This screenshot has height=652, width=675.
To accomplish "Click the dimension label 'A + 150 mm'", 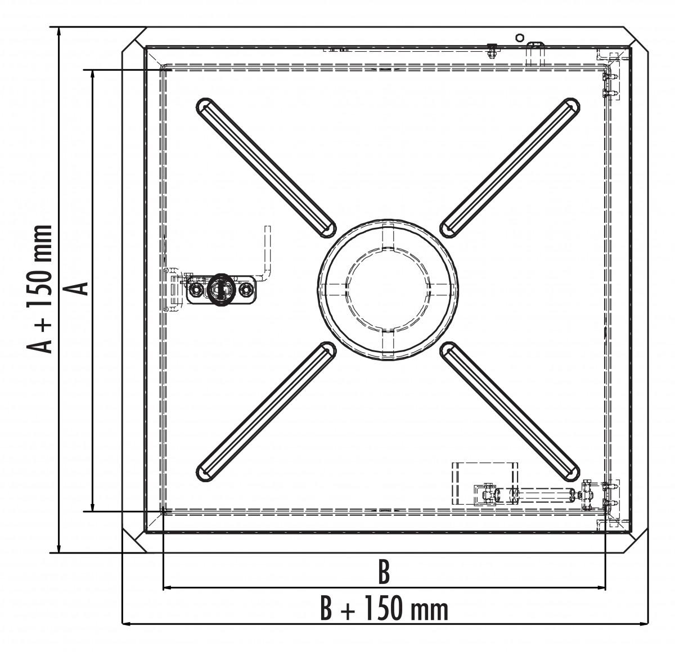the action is [x=39, y=290].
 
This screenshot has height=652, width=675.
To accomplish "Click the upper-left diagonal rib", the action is [x=266, y=168].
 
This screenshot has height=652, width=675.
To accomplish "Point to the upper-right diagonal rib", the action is [x=510, y=168].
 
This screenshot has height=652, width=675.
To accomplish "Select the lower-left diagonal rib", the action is [x=266, y=412].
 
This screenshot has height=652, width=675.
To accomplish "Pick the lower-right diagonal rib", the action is [x=510, y=412].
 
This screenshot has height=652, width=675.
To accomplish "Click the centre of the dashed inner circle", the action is [x=388, y=290].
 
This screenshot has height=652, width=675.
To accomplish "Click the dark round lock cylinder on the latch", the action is [x=219, y=289].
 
